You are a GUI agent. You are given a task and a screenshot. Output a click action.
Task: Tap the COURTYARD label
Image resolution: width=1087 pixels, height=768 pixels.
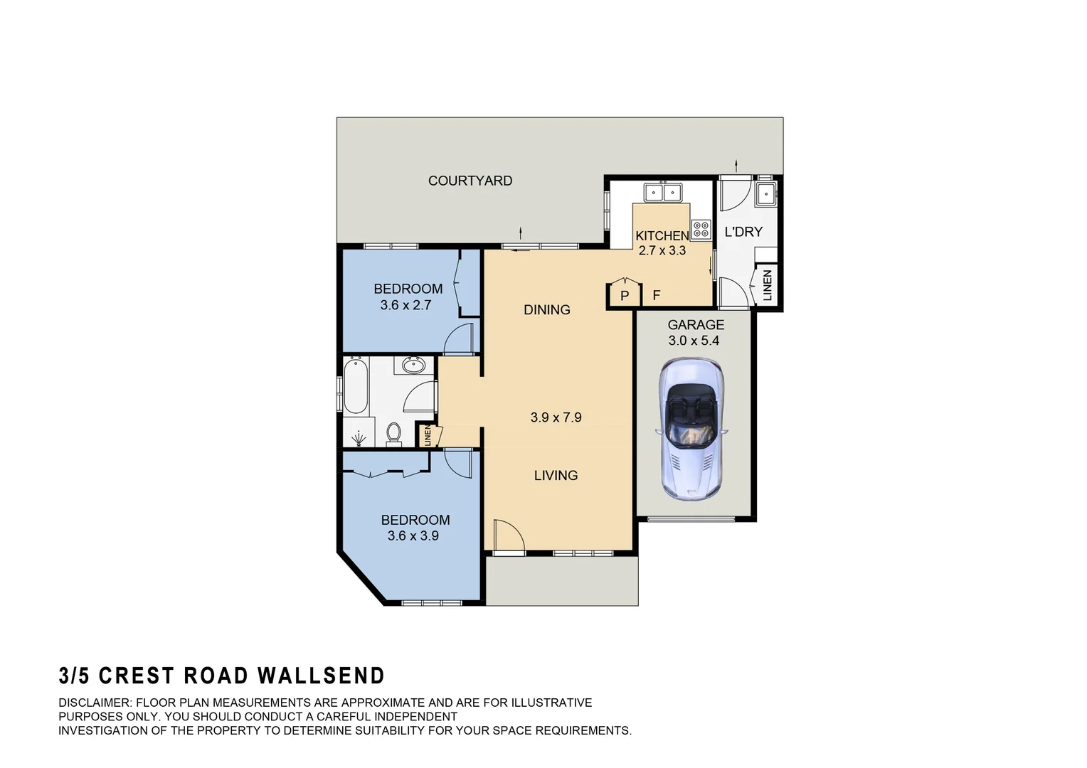tap(470, 181)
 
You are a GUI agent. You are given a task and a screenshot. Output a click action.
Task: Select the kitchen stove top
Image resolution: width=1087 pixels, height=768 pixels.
tap(701, 228)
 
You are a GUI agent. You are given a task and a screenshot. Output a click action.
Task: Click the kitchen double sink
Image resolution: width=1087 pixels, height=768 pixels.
tap(662, 192)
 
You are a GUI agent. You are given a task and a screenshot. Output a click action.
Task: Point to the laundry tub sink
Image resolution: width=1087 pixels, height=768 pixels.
tap(765, 193)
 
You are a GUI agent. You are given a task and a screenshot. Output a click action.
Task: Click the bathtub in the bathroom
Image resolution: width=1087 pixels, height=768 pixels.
tap(355, 386)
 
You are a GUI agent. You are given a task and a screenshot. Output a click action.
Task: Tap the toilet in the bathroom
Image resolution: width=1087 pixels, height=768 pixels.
tap(393, 432)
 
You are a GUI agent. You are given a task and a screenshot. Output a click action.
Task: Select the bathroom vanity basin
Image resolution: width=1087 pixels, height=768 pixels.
tap(413, 366)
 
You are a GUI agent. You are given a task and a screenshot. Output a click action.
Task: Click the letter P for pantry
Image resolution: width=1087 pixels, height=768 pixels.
tap(625, 296)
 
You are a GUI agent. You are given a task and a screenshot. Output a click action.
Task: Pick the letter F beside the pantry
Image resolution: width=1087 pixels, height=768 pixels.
tap(656, 295)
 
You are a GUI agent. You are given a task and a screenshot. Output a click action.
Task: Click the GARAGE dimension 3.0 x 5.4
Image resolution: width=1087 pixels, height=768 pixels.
tap(694, 341)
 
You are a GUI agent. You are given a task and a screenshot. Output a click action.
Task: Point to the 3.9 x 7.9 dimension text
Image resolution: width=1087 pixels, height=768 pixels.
tap(556, 417)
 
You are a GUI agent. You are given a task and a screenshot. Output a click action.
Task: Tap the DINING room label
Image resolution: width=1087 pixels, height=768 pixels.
tap(546, 309)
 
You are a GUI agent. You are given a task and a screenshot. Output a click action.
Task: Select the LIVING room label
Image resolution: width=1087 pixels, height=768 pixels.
tap(556, 475)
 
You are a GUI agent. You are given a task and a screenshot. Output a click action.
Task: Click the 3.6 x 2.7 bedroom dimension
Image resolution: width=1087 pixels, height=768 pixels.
tap(405, 305)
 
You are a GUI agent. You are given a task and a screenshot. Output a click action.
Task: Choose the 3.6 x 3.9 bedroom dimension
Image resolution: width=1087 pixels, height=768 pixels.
tap(413, 535)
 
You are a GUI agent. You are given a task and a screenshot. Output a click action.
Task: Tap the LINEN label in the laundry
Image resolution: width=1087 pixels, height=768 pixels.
tap(767, 285)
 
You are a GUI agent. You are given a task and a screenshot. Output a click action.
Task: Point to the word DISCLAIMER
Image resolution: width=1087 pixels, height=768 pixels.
tap(95, 703)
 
